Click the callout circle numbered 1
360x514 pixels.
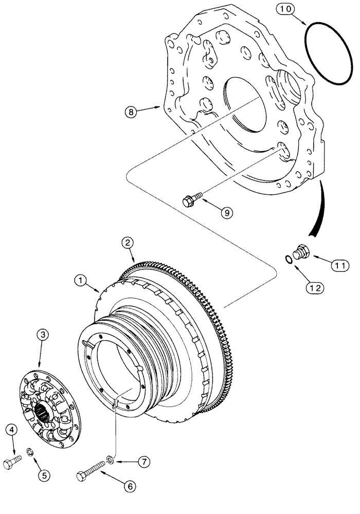click(80, 281)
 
